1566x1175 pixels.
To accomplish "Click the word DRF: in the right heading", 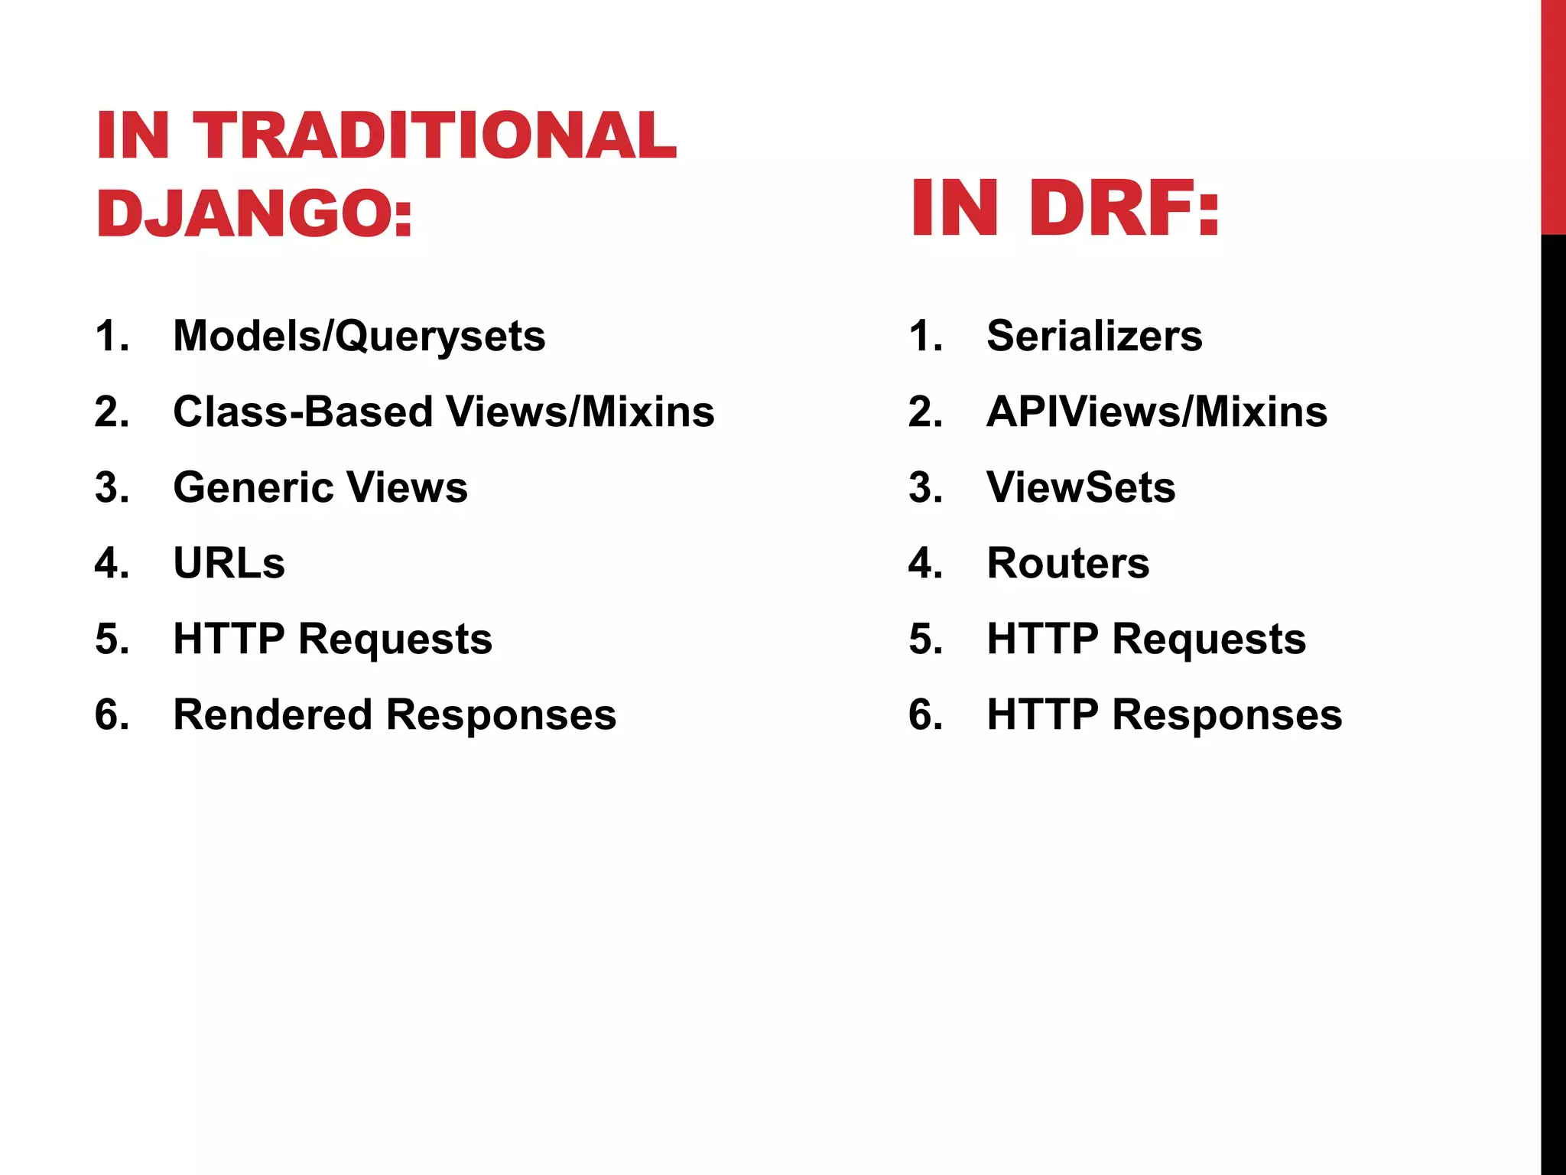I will tap(1124, 208).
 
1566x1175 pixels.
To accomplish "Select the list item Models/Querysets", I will tap(359, 336).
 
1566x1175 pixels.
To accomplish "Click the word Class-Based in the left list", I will tap(303, 412).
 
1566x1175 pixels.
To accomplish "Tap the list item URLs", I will tap(229, 563).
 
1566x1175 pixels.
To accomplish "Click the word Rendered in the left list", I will tap(273, 714).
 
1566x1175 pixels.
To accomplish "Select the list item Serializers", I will tap(1094, 336).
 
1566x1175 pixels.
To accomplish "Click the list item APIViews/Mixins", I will tap(1157, 412).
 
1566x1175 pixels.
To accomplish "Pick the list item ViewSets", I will tap(1080, 487).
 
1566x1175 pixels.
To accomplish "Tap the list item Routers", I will tap(1067, 563).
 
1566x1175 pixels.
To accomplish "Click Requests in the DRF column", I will tap(1209, 640).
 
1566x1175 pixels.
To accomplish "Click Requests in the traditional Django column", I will tap(395, 640).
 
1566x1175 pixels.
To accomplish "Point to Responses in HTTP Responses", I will tap(1226, 714).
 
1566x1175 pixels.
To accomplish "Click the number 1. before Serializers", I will tap(925, 336).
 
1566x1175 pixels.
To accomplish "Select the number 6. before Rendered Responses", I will tap(112, 714).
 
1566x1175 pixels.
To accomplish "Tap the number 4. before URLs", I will tap(112, 563).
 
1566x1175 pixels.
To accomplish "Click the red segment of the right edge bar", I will tap(1553, 115).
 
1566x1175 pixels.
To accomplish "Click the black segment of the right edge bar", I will tap(1553, 688).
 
